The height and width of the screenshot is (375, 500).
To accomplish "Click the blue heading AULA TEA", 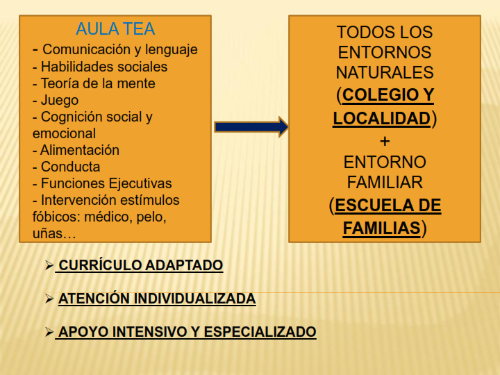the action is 115,29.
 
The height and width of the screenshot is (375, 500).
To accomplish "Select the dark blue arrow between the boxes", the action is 251,127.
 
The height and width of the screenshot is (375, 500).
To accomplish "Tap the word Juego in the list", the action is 60,100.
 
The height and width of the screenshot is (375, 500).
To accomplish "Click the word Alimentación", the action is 80,150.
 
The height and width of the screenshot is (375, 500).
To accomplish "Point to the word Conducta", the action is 70,167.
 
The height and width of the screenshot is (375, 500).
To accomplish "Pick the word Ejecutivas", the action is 140,183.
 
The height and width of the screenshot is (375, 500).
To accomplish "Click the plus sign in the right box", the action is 385,141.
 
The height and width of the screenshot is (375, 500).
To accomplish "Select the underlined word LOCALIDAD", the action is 382,118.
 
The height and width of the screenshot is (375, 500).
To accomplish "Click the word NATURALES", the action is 385,72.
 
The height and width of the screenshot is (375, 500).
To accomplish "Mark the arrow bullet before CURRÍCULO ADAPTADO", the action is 49,265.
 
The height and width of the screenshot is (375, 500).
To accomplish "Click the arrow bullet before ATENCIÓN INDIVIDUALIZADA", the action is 49,299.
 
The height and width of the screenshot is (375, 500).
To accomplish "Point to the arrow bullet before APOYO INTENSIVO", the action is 49,332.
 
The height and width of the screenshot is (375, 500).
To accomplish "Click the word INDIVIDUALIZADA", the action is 194,299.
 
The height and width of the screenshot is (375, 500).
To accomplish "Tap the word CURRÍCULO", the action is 99,265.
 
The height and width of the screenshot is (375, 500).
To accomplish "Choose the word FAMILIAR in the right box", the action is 385,183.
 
